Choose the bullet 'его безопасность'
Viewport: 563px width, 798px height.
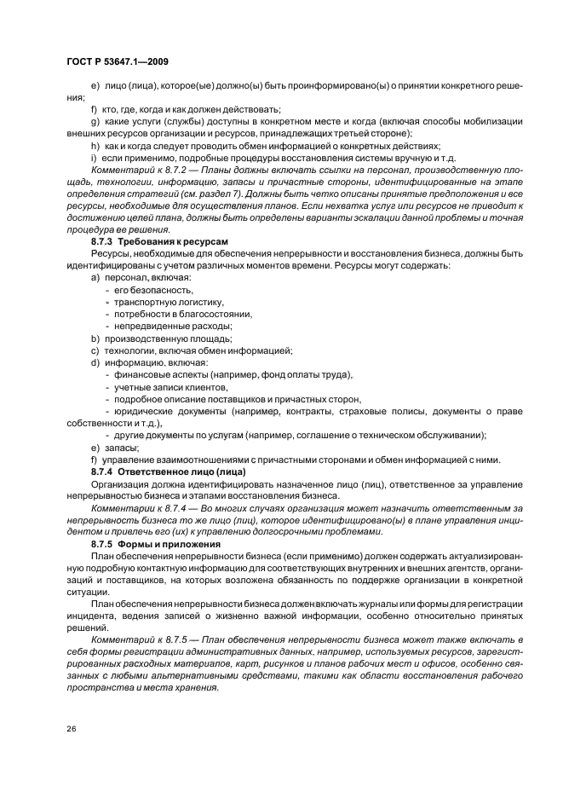coord(147,291)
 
